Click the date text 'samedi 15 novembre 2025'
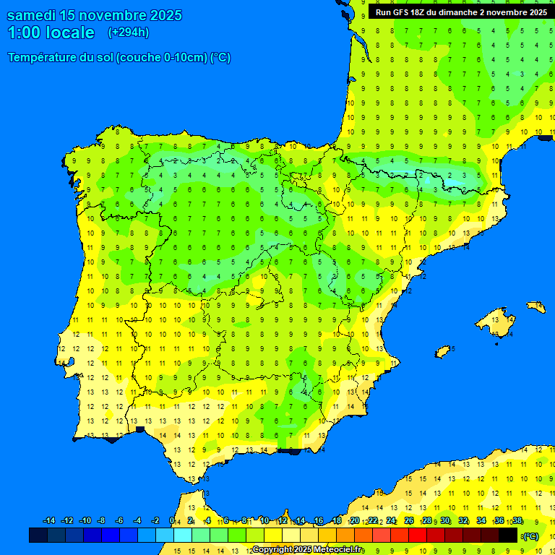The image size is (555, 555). tap(94, 15)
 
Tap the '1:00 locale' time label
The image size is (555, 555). tap(51, 33)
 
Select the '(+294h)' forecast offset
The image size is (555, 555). tap(129, 33)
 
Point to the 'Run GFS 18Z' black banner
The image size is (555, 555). tap(460, 12)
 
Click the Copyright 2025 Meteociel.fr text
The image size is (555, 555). tap(308, 550)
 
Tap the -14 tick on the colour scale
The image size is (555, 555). tap(49, 521)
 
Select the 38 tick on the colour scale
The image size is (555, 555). tap(517, 521)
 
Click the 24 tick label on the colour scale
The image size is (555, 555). tap(391, 521)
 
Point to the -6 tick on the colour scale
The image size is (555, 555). tap(119, 521)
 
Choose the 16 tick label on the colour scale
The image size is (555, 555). tap(319, 521)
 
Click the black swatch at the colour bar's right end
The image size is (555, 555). tap(508, 535)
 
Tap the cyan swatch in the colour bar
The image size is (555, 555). tap(182, 535)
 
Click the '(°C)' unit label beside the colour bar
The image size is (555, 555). tap(531, 536)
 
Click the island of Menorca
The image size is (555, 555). tap(535, 306)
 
